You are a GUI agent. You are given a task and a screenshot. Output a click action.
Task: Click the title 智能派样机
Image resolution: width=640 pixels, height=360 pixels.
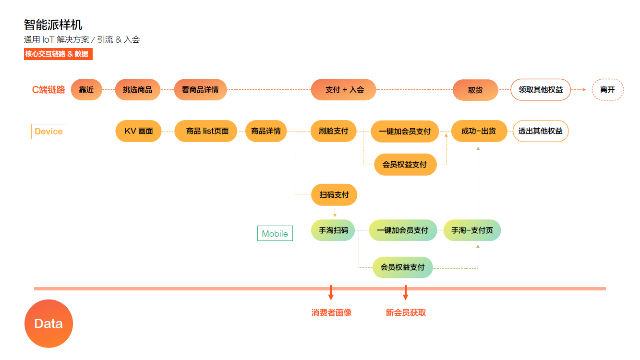[x=53, y=24]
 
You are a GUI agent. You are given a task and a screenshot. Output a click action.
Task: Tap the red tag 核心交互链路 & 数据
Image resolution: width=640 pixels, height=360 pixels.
[x=58, y=54]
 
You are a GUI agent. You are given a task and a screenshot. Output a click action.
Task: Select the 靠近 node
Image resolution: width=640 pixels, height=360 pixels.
[x=86, y=90]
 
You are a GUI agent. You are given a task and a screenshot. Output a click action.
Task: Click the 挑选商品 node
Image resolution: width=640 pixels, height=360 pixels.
[x=137, y=90]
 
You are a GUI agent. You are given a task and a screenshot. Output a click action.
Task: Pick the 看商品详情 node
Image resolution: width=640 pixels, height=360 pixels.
[x=200, y=90]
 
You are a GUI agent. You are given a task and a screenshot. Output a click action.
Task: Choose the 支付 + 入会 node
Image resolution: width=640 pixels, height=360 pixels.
[x=343, y=90]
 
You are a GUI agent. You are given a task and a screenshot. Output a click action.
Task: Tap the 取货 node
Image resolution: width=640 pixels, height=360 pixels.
[x=475, y=90]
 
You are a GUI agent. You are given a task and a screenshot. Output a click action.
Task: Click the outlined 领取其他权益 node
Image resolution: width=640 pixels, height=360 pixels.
[x=541, y=90]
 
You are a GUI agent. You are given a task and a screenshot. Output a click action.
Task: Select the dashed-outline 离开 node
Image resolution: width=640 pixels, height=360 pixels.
[x=607, y=90]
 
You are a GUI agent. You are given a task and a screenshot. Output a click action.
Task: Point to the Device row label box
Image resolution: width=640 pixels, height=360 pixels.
[x=48, y=132]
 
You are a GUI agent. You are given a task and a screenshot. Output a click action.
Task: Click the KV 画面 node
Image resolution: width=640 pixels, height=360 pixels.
[x=139, y=131]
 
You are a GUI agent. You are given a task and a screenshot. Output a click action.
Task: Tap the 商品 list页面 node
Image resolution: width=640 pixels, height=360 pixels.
[x=205, y=131]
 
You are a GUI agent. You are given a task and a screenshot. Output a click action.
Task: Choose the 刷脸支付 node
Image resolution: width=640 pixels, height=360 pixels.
[x=334, y=131]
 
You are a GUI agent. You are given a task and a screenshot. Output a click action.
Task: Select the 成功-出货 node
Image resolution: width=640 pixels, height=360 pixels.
[x=479, y=131]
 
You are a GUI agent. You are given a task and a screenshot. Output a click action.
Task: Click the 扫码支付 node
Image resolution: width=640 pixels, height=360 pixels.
[x=334, y=195]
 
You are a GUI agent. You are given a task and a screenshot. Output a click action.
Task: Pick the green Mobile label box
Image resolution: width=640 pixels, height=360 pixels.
[x=275, y=234]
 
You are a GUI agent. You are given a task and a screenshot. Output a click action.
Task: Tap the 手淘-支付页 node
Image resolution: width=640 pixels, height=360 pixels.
[x=472, y=230]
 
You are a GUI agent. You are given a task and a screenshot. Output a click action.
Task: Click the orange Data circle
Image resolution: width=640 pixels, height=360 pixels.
[x=48, y=324]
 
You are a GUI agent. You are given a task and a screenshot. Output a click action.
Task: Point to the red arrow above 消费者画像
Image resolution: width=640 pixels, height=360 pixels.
[x=331, y=292]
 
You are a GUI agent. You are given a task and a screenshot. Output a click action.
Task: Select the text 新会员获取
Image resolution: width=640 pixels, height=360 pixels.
[x=406, y=313]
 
